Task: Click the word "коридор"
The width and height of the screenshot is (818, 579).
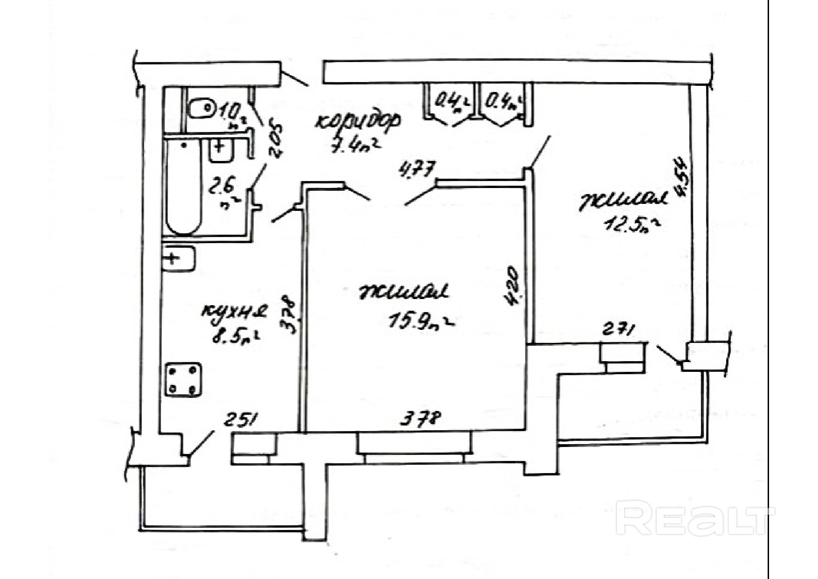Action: tap(358, 122)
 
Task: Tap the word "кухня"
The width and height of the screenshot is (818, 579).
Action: tap(235, 311)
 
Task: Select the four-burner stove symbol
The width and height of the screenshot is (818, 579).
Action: tap(184, 380)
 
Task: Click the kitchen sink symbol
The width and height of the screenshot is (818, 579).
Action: tap(178, 258)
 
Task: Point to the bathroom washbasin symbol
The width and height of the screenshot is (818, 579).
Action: tap(221, 150)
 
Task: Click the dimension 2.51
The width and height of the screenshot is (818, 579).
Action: tap(241, 420)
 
